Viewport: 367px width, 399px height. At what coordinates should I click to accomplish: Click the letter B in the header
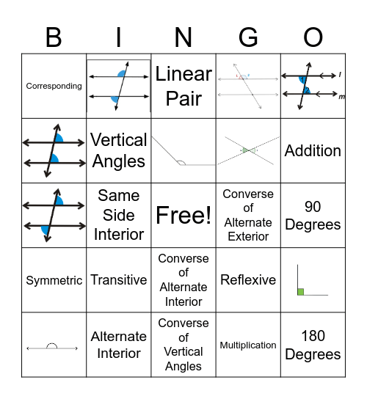pyautogui.click(x=54, y=37)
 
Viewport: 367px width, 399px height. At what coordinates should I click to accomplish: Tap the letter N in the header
pyautogui.click(x=183, y=37)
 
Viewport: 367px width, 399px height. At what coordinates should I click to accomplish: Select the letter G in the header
pyautogui.click(x=248, y=37)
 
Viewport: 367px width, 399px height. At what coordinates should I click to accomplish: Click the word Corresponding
pyautogui.click(x=54, y=86)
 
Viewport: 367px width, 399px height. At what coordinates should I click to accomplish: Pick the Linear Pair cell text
pyautogui.click(x=183, y=86)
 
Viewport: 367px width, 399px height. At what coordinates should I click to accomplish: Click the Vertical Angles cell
pyautogui.click(x=118, y=150)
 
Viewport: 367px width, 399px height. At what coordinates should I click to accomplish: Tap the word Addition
pyautogui.click(x=313, y=150)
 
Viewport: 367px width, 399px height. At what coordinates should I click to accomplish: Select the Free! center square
pyautogui.click(x=183, y=215)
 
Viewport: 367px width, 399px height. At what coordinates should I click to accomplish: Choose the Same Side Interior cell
pyautogui.click(x=118, y=215)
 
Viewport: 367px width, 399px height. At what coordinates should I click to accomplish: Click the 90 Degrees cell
pyautogui.click(x=313, y=215)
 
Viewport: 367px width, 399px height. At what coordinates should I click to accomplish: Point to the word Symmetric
pyautogui.click(x=54, y=280)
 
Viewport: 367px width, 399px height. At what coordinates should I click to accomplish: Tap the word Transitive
pyautogui.click(x=118, y=280)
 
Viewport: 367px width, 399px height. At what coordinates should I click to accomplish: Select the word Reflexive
pyautogui.click(x=248, y=280)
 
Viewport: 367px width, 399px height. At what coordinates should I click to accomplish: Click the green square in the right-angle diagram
pyautogui.click(x=301, y=292)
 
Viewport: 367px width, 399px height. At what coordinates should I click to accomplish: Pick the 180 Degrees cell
pyautogui.click(x=313, y=345)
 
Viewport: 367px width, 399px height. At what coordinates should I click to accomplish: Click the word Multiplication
pyautogui.click(x=248, y=345)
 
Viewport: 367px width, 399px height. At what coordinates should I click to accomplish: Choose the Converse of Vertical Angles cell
pyautogui.click(x=183, y=345)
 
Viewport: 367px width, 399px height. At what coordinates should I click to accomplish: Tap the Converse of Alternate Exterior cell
pyautogui.click(x=248, y=215)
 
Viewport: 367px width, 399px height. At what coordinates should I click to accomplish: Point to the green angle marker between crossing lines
pyautogui.click(x=247, y=150)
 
